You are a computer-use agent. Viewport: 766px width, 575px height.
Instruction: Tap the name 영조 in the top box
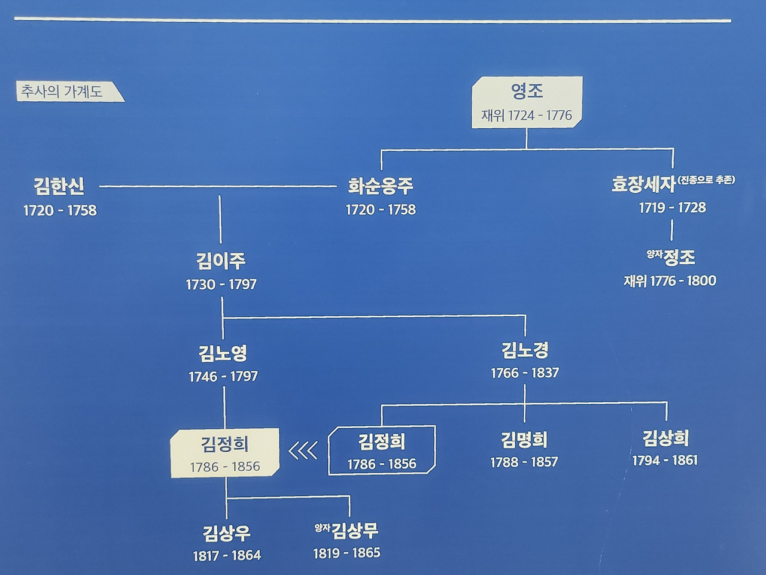[527, 91]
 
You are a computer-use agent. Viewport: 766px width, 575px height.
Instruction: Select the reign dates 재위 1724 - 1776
[527, 115]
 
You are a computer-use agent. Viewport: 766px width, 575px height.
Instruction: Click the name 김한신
[59, 186]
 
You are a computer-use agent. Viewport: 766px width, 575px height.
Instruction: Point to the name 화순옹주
[381, 186]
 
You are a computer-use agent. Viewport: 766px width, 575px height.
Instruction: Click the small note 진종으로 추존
[707, 179]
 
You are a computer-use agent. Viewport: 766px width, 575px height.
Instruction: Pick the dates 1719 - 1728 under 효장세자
[672, 208]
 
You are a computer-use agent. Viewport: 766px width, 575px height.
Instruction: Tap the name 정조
[679, 258]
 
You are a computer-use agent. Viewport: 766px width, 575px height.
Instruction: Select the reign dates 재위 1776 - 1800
[670, 281]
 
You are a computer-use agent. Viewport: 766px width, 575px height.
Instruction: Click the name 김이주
[221, 261]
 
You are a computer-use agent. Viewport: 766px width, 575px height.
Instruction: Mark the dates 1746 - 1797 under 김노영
[223, 377]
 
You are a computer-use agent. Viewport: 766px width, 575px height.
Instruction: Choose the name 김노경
[525, 350]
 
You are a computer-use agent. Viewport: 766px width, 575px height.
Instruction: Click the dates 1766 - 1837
[525, 373]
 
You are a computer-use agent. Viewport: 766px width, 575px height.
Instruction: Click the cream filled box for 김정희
[225, 453]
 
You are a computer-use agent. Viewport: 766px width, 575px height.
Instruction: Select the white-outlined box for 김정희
[382, 450]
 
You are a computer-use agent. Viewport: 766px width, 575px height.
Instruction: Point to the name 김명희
[524, 440]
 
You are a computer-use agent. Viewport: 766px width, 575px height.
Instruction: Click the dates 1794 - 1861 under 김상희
[665, 461]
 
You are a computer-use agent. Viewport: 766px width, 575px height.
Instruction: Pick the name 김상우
[227, 532]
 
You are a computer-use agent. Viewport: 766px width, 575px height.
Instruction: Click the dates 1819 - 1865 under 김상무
[346, 553]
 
